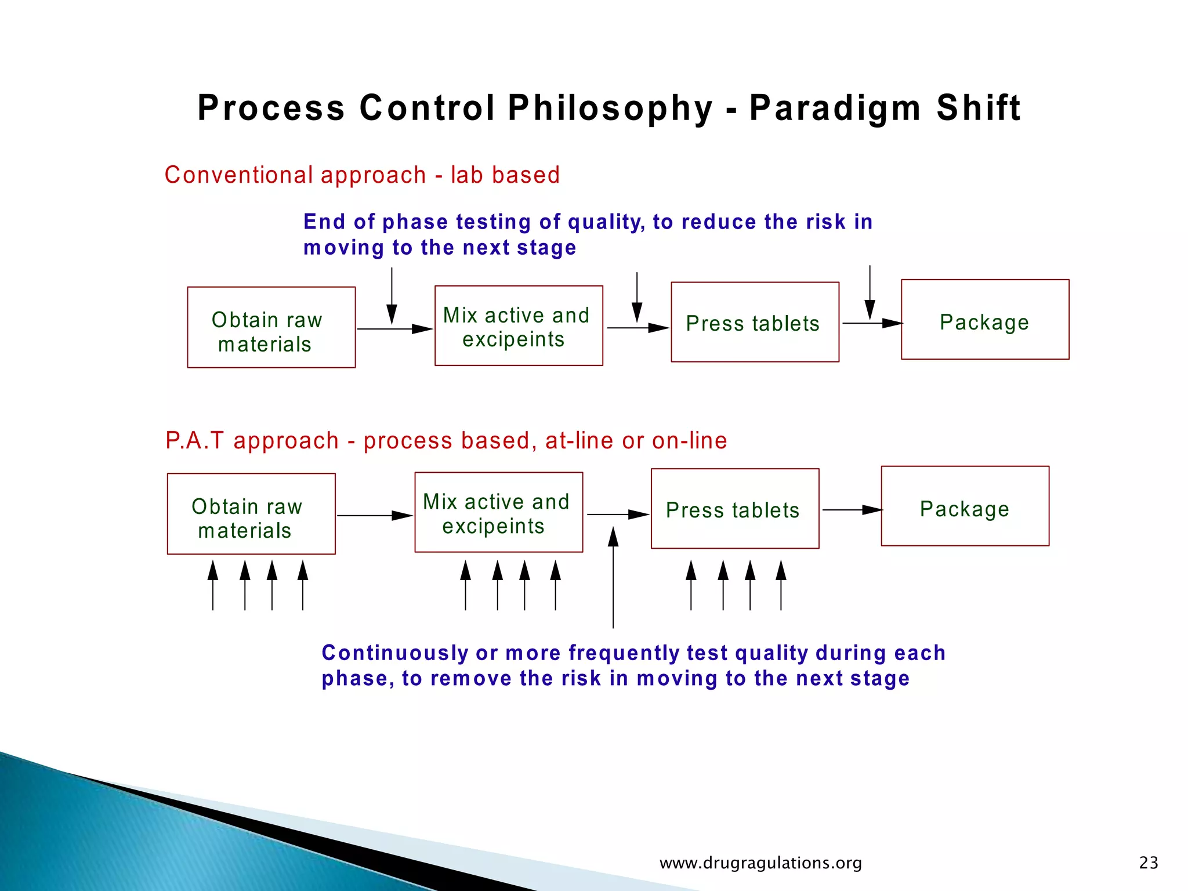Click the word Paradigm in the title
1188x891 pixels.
(x=835, y=108)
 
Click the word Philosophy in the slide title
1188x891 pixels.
(x=610, y=108)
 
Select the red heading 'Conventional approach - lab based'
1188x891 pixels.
(x=362, y=175)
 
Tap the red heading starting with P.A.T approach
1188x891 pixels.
(x=445, y=441)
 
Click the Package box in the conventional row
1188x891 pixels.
(x=984, y=320)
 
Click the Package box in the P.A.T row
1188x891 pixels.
(x=965, y=506)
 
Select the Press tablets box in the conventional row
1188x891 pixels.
(x=755, y=323)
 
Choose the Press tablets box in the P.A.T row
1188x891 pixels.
(x=735, y=509)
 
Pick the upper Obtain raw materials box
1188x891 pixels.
(x=271, y=328)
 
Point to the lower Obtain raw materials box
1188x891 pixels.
(x=251, y=514)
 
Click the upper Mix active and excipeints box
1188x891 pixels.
(x=519, y=326)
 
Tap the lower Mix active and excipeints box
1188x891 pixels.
(x=498, y=512)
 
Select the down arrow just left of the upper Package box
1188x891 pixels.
(x=870, y=293)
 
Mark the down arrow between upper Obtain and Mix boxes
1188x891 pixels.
(x=392, y=296)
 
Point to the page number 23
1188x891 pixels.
(x=1148, y=863)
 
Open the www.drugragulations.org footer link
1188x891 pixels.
(x=760, y=863)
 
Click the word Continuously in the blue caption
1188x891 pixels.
(x=394, y=653)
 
